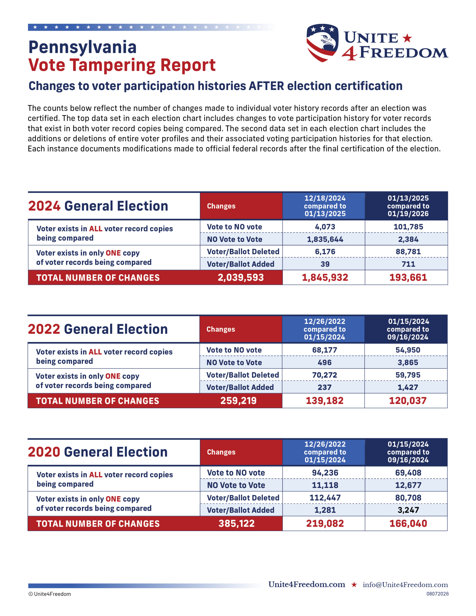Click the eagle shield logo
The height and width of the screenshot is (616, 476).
pos(322,43)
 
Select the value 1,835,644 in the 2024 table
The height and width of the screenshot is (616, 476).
pos(325,239)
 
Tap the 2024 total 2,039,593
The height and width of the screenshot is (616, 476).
pos(240,277)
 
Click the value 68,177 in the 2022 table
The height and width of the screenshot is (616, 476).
pos(324,350)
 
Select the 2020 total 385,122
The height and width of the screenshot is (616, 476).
pos(237,524)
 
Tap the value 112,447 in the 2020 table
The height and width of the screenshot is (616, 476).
pos(325,498)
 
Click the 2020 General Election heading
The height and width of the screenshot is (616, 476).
pos(98,452)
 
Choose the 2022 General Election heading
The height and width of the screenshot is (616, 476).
pos(98,329)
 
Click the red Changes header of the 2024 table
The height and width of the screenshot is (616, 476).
pos(221,206)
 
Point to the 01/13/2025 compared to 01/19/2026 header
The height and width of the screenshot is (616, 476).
pos(408,206)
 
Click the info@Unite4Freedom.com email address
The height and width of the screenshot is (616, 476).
pos(405,585)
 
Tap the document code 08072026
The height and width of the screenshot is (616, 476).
pos(437,594)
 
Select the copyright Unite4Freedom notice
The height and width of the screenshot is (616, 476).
pos(50,594)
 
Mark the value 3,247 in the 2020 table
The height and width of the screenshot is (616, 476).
pos(408,510)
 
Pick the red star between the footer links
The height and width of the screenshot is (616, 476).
pos(354,584)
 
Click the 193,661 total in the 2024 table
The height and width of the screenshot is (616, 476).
pos(408,277)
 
